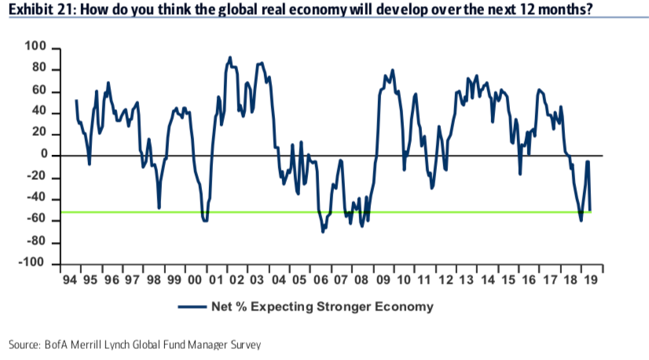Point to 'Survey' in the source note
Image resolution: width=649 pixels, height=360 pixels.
[x=244, y=344]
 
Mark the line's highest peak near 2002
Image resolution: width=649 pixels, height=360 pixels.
[x=229, y=57]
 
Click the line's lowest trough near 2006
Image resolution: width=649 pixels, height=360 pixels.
[x=323, y=231]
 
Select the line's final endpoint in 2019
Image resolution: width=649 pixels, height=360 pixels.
[x=590, y=210]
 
